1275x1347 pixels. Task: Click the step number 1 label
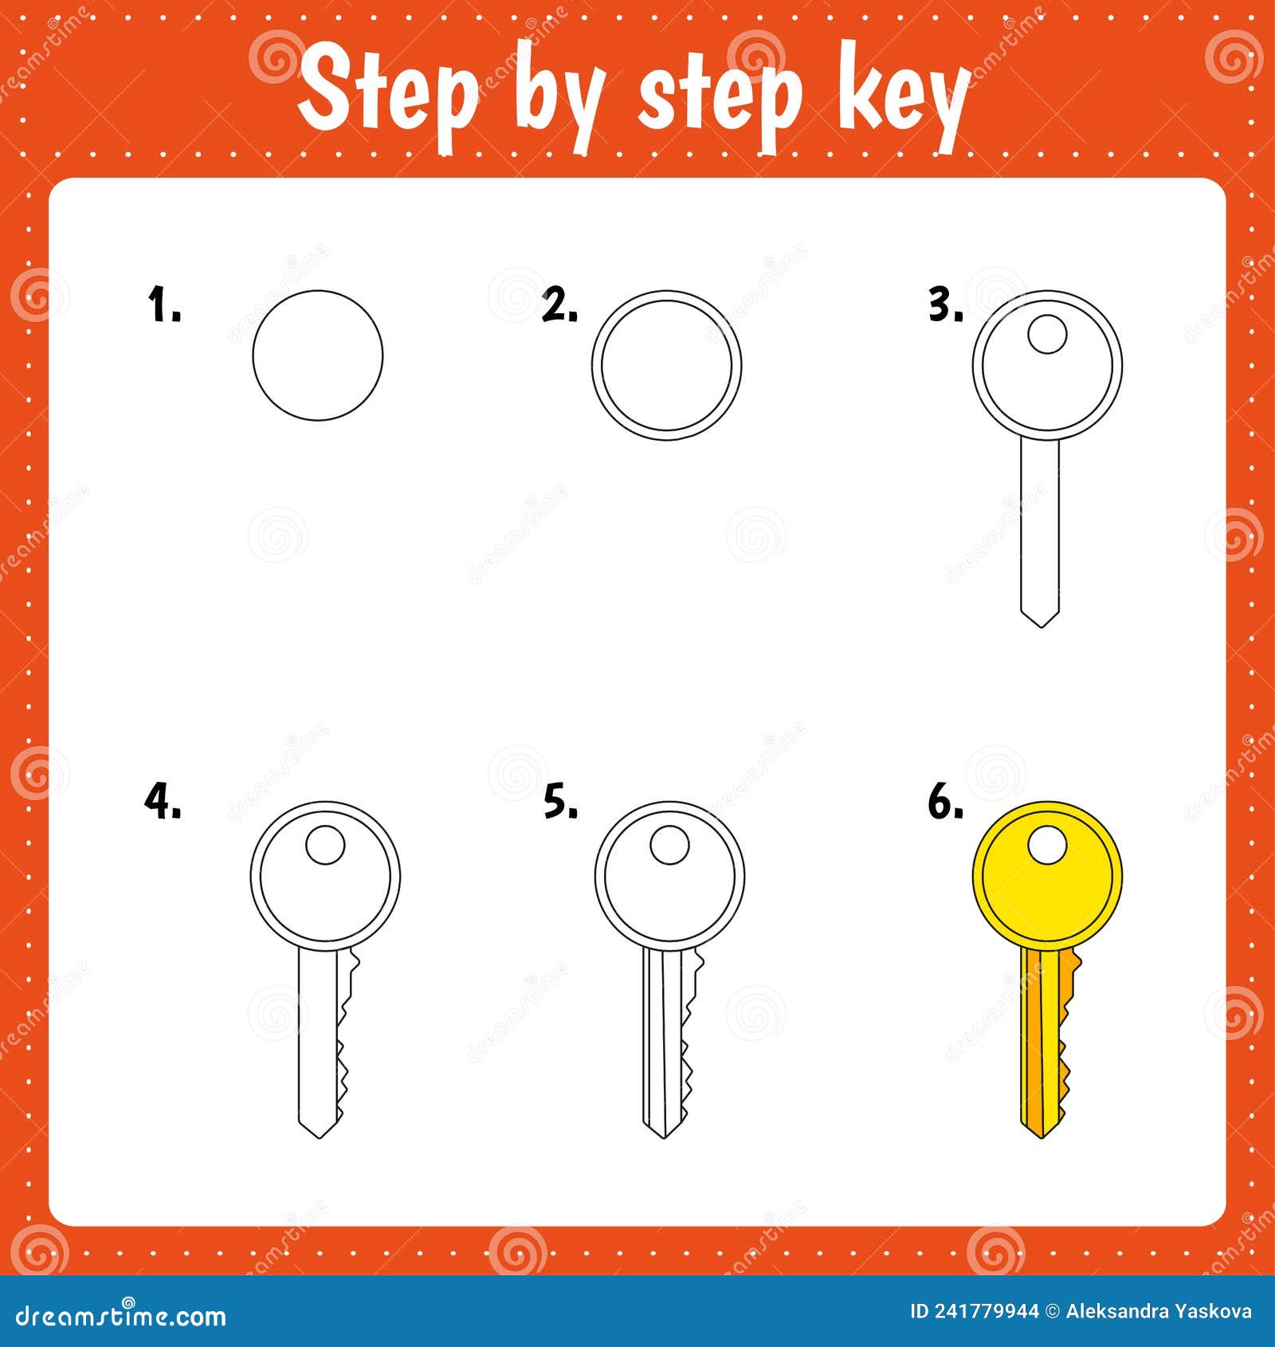point(164,306)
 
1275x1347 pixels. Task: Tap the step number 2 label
point(559,306)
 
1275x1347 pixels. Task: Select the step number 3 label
point(945,306)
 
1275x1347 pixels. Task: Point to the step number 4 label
point(163,801)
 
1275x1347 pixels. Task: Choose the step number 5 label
point(560,801)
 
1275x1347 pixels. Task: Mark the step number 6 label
point(945,801)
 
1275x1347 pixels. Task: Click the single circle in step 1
point(317,355)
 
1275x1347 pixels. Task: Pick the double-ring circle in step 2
point(666,365)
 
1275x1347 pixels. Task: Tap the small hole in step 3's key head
point(1047,334)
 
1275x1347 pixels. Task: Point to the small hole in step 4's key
point(325,845)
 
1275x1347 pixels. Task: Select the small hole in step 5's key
point(669,845)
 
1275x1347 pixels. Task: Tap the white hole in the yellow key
point(1047,845)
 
